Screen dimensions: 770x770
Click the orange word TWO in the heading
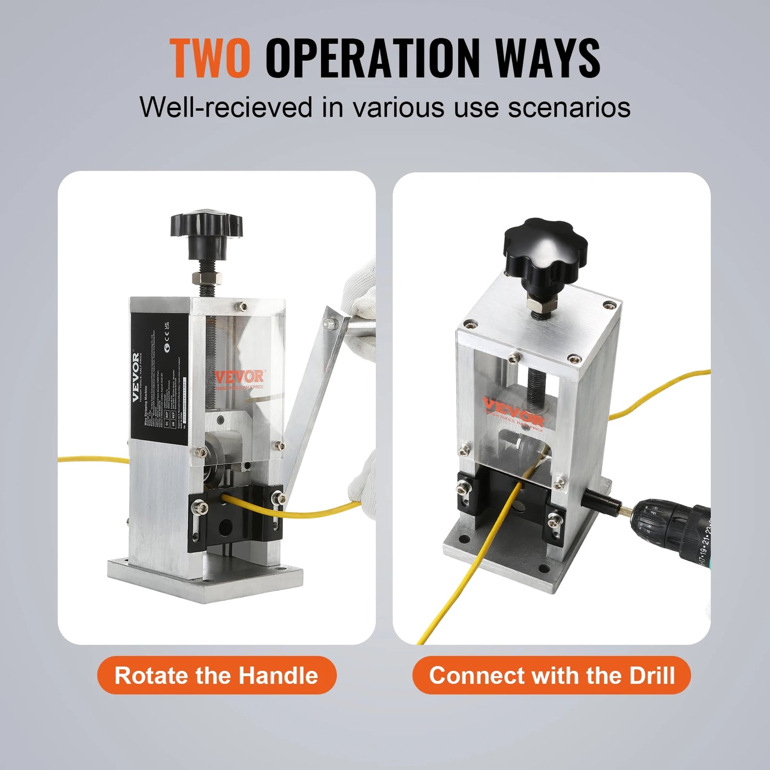[x=210, y=58]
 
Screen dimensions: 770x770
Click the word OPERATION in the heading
[x=372, y=58]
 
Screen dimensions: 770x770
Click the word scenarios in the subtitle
[x=569, y=107]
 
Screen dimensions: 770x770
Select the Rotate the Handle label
[x=216, y=675]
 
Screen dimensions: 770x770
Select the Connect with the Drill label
[x=552, y=675]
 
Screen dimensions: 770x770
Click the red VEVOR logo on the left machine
[x=239, y=377]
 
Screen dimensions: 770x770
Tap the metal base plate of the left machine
[x=205, y=581]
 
